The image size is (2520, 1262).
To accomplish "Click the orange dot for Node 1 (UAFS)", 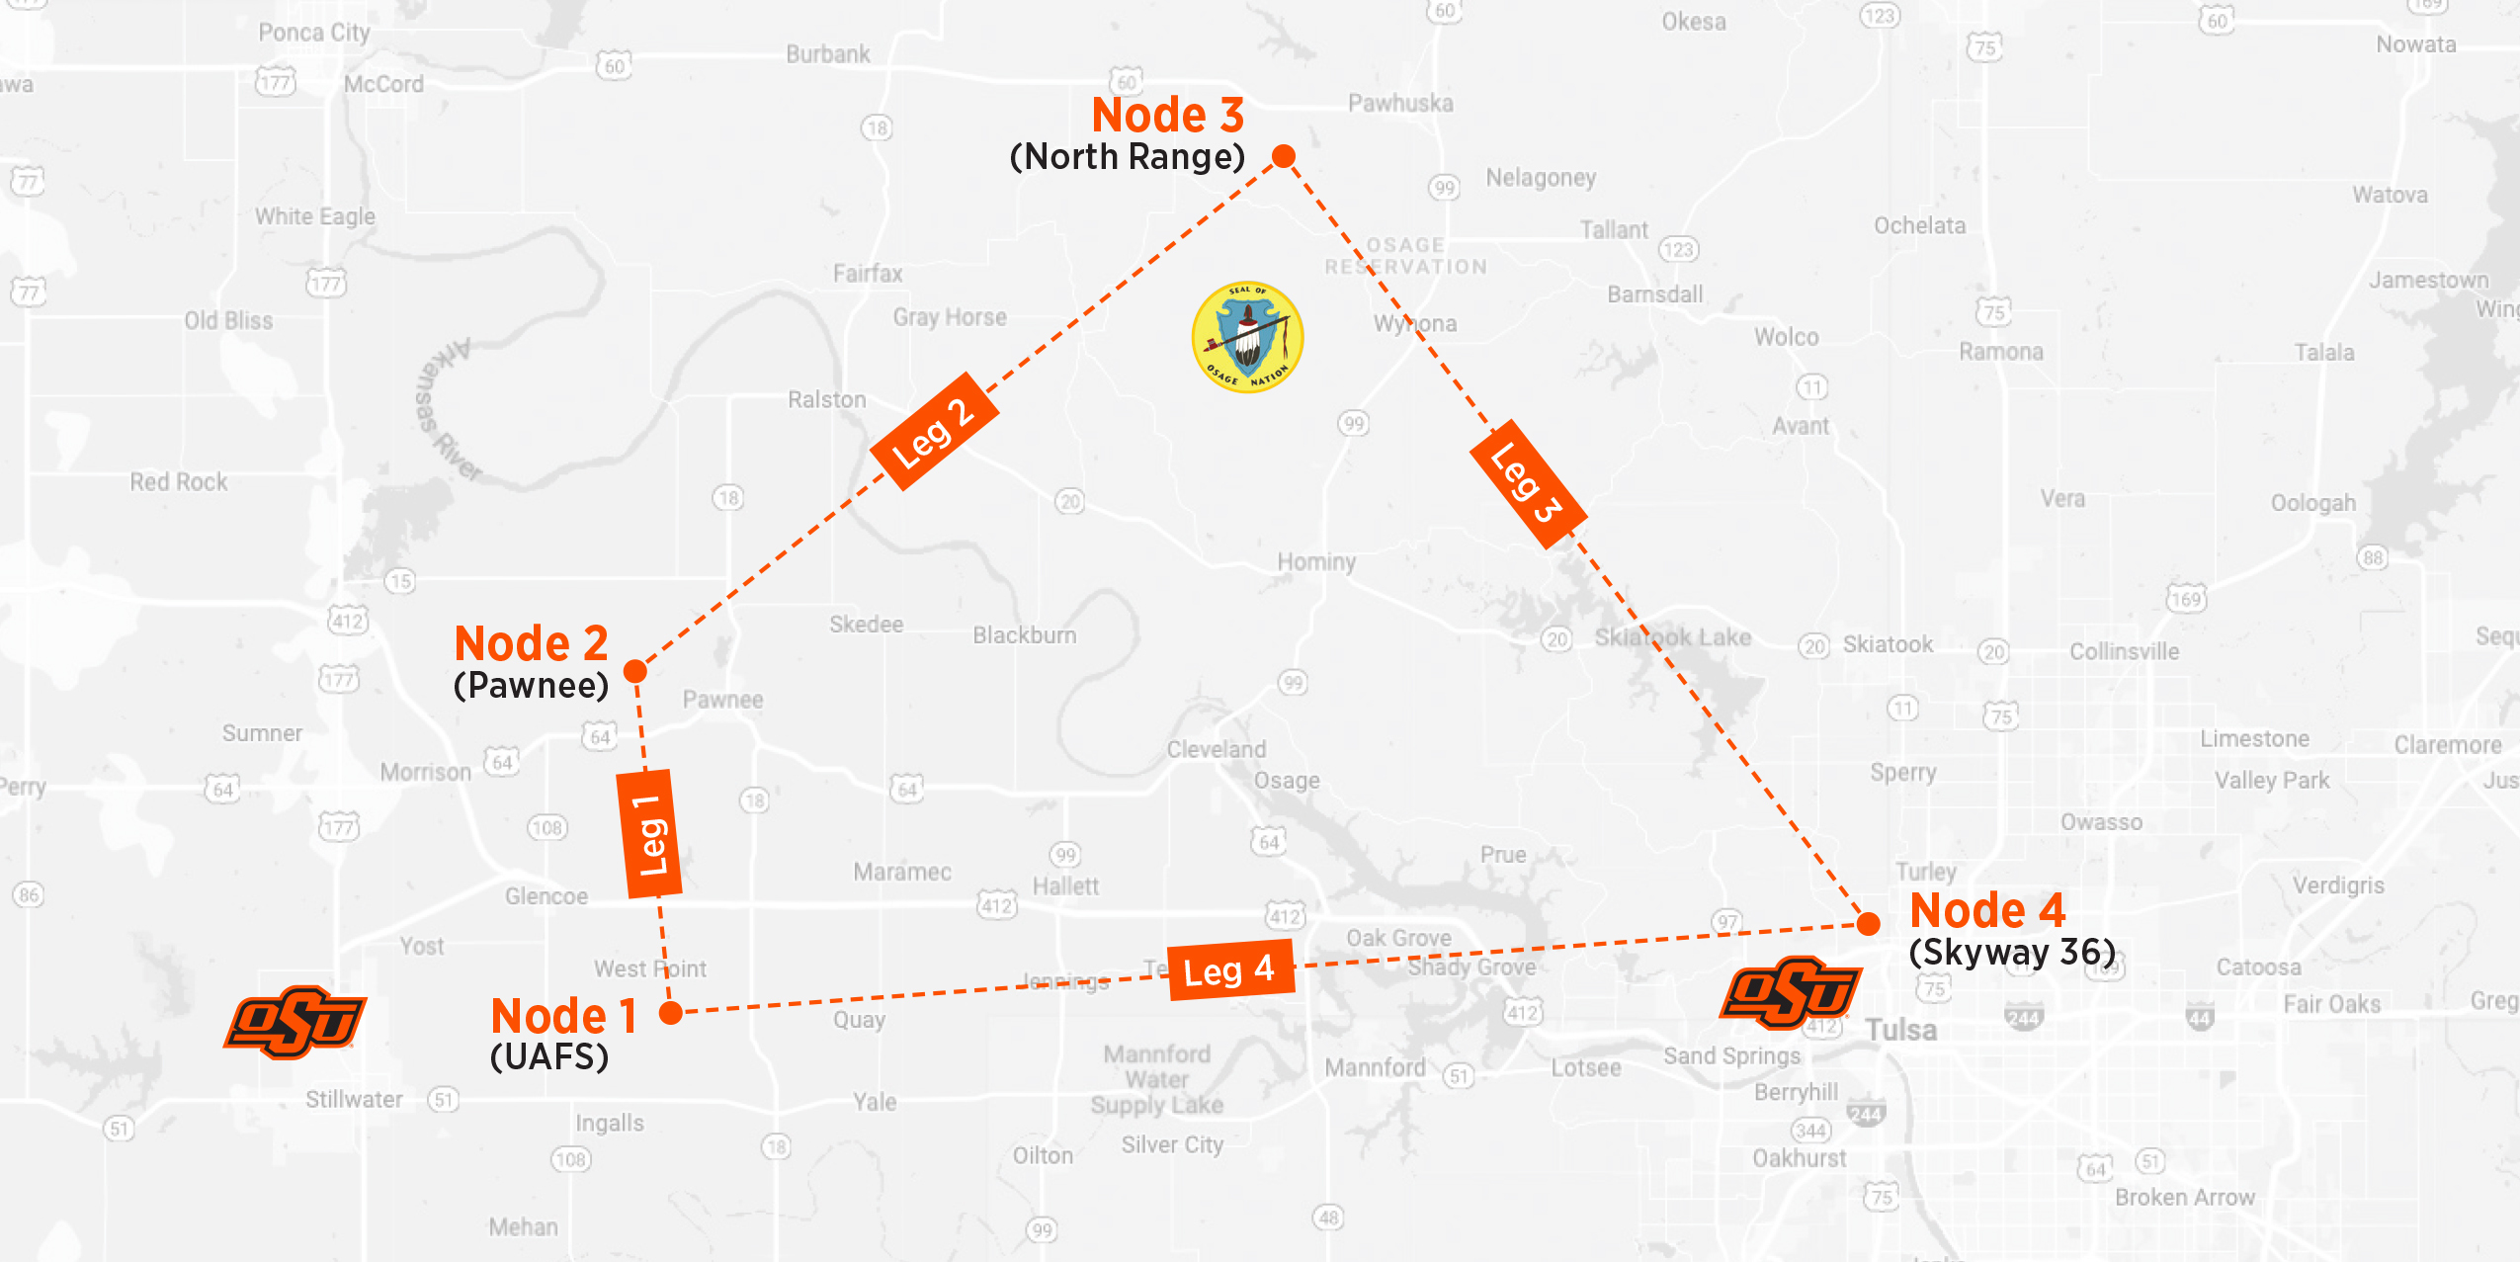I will [671, 1012].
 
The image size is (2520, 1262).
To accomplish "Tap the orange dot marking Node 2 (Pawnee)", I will [635, 672].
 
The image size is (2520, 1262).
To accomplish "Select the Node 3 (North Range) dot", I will [1284, 156].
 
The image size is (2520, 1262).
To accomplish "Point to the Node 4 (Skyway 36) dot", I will [1868, 924].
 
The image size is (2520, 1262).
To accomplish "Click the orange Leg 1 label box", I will [649, 834].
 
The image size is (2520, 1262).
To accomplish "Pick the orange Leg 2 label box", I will [934, 431].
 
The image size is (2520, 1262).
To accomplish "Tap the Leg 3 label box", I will [1528, 483].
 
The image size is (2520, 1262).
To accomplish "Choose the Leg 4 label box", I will [1229, 970].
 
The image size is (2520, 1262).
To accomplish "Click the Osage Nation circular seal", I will [1247, 338].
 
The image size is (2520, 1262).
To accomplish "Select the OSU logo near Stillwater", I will [294, 1022].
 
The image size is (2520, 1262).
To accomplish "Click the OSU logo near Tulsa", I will [1791, 991].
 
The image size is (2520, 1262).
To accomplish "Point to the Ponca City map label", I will [314, 33].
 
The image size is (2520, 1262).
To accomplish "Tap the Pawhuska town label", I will [1400, 103].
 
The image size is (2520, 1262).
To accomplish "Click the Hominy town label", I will [1316, 561].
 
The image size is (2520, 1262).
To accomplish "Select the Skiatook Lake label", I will [1672, 637].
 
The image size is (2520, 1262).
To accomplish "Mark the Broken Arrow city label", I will [2185, 1197].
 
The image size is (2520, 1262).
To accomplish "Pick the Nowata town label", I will [2415, 44].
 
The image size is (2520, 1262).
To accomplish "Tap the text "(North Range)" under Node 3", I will [1127, 157].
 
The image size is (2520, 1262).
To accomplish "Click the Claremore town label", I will [2447, 744].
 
